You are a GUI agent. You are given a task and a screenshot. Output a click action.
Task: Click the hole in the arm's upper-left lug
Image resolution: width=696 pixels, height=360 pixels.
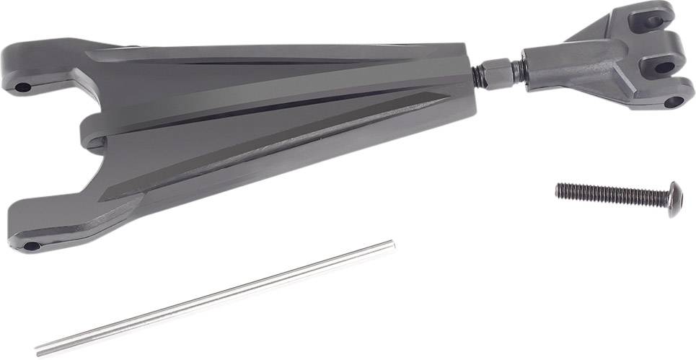pos(22,87)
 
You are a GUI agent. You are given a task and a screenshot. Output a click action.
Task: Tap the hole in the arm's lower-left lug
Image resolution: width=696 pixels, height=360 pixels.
pos(31,246)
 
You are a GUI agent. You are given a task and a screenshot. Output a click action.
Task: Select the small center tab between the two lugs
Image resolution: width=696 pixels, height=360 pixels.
pos(90,134)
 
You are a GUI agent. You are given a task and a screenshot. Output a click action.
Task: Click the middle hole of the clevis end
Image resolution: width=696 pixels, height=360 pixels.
pos(663,66)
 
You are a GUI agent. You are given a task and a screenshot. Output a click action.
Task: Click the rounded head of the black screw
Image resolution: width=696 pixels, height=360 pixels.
pos(674,199)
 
